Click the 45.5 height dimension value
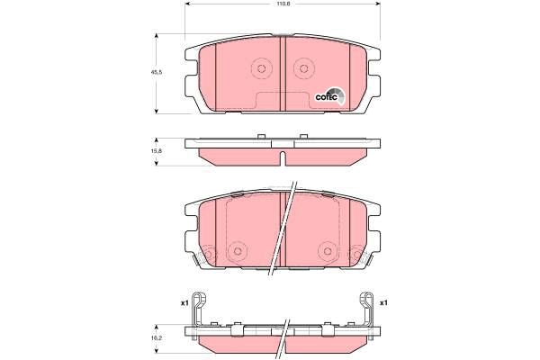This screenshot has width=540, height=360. click(156, 72)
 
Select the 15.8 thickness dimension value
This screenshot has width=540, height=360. click(156, 151)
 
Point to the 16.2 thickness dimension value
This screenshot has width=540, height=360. click(156, 338)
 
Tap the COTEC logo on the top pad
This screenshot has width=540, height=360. click(329, 96)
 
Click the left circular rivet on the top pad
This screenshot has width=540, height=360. click(261, 68)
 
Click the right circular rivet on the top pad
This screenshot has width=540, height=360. click(303, 68)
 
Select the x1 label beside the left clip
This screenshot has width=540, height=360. click(184, 303)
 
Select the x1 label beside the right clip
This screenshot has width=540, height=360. click(383, 303)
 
